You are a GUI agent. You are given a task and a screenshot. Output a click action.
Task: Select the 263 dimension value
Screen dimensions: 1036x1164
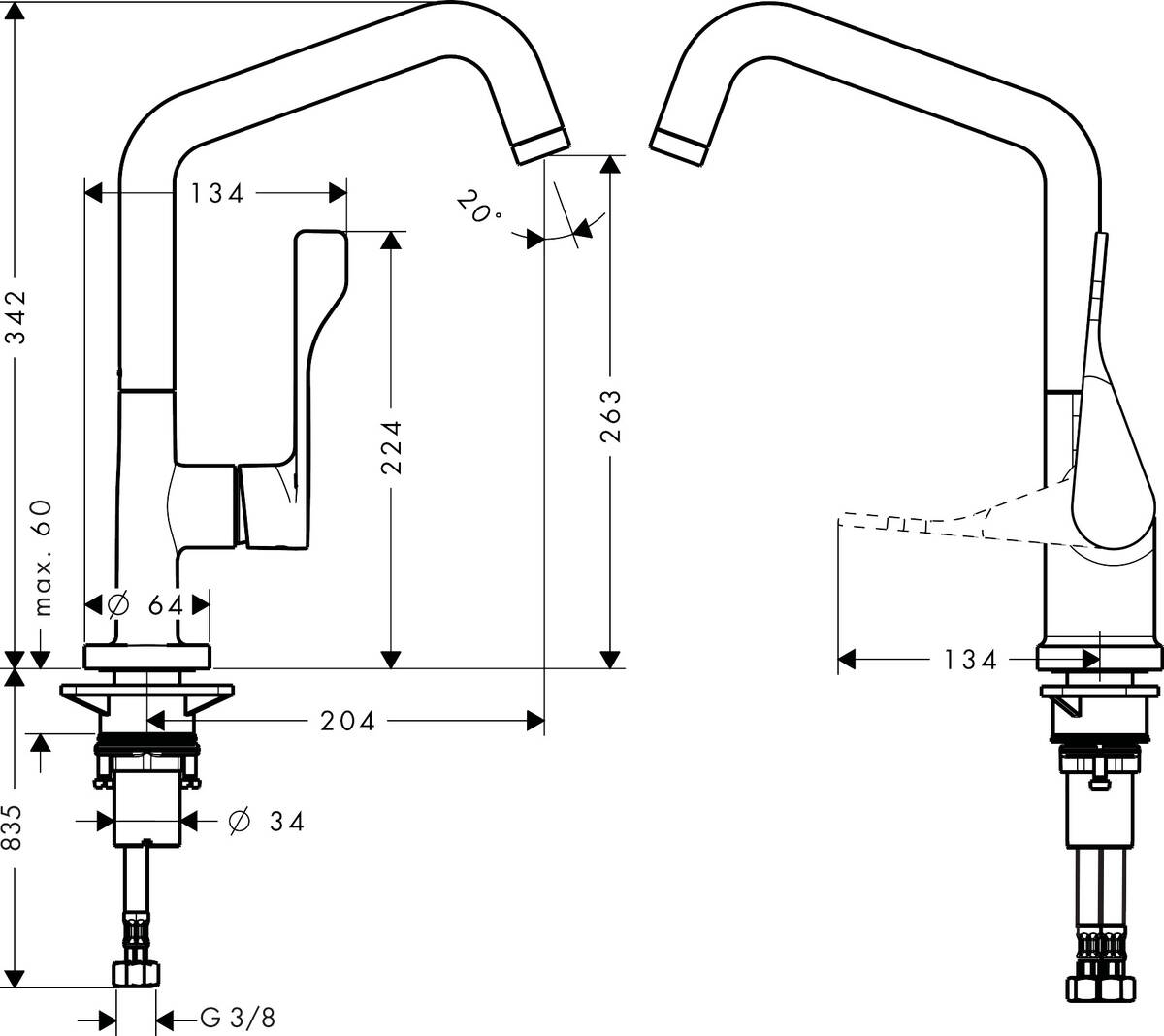coord(610,416)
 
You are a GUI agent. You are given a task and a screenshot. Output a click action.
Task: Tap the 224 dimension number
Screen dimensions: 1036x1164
coord(390,447)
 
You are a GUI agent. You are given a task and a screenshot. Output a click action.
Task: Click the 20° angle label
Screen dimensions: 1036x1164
coord(477,207)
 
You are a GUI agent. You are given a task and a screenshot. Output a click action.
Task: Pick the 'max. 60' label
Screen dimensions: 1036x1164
coord(43,559)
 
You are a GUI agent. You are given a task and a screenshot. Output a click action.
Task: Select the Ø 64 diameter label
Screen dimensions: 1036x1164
coord(147,605)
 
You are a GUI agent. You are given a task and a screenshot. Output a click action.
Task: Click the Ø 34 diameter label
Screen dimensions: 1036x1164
coord(266,822)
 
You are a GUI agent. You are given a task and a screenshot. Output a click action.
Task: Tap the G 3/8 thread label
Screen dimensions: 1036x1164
coord(238,1019)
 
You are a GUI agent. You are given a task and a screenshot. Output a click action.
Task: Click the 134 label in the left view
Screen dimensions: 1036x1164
coord(216,193)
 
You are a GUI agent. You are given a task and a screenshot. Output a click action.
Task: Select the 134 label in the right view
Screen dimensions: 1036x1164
coord(970,661)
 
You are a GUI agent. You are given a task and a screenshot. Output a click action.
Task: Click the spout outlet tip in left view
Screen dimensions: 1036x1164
coord(539,144)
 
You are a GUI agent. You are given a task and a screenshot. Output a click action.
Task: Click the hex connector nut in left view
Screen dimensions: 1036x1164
coord(135,974)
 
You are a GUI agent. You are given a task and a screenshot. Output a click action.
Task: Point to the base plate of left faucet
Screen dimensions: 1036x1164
coord(146,657)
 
